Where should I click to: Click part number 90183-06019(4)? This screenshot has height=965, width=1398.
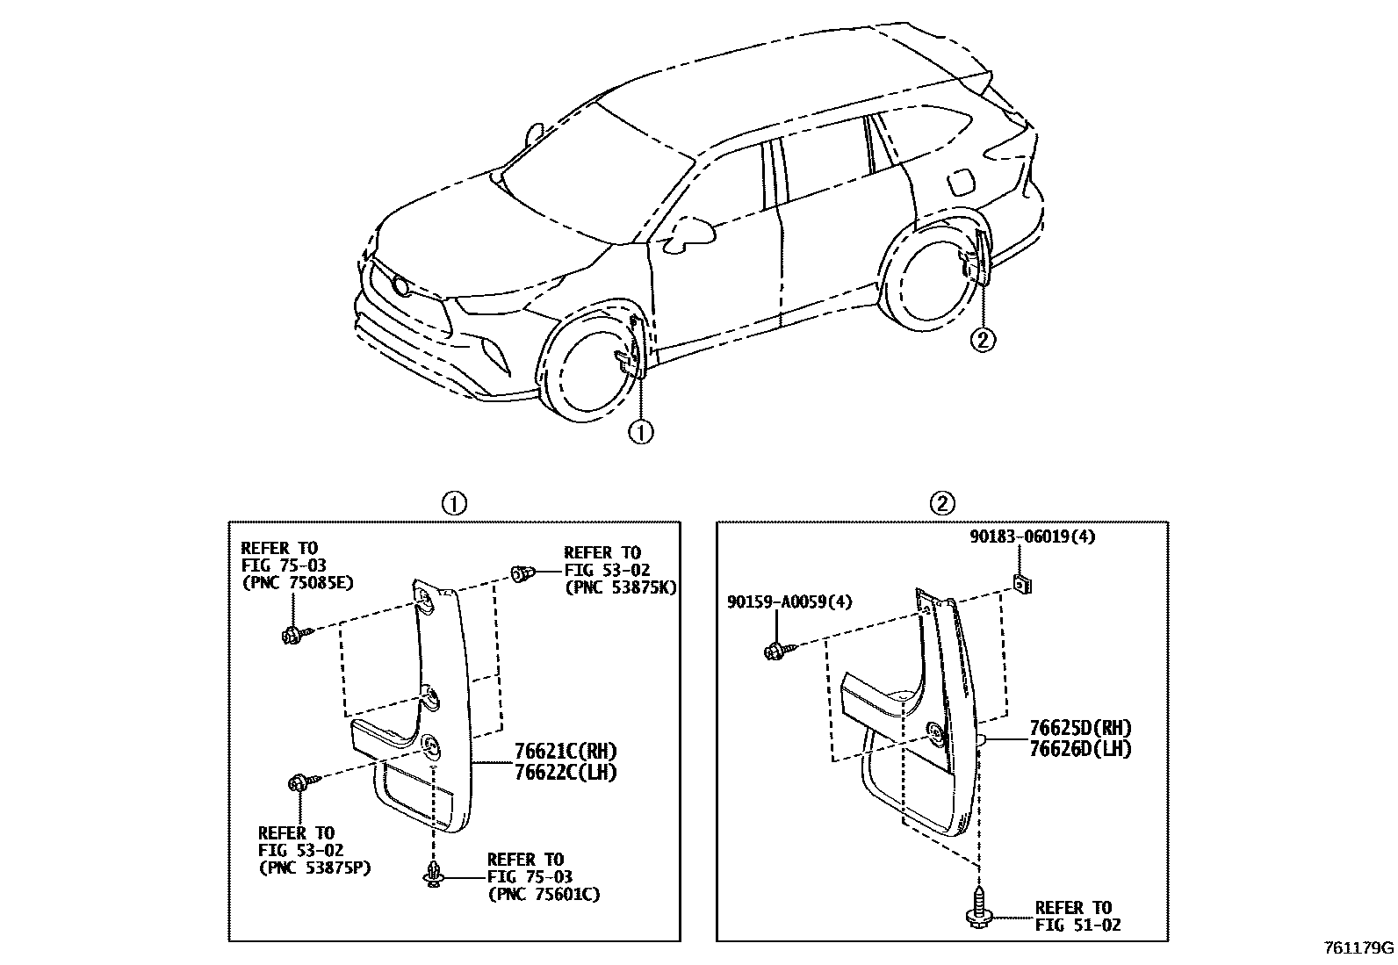pyautogui.click(x=1032, y=537)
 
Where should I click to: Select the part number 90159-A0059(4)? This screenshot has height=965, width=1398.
pyautogui.click(x=789, y=602)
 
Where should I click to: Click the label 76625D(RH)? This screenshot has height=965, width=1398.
pyautogui.click(x=1080, y=728)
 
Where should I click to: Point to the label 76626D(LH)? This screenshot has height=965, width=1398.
pyautogui.click(x=1080, y=749)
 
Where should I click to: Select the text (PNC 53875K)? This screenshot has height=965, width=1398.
pyautogui.click(x=619, y=587)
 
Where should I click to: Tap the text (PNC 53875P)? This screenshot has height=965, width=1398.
pyautogui.click(x=313, y=868)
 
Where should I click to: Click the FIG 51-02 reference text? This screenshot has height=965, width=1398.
pyautogui.click(x=1077, y=925)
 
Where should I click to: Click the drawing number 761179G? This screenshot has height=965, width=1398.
pyautogui.click(x=1359, y=948)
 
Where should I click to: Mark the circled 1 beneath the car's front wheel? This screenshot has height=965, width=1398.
pyautogui.click(x=641, y=432)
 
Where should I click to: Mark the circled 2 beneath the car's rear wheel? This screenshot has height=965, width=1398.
pyautogui.click(x=984, y=338)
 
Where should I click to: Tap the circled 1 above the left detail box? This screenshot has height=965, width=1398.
pyautogui.click(x=453, y=503)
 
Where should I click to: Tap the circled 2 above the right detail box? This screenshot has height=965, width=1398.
pyautogui.click(x=941, y=503)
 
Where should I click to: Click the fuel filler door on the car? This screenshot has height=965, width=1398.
pyautogui.click(x=961, y=183)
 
